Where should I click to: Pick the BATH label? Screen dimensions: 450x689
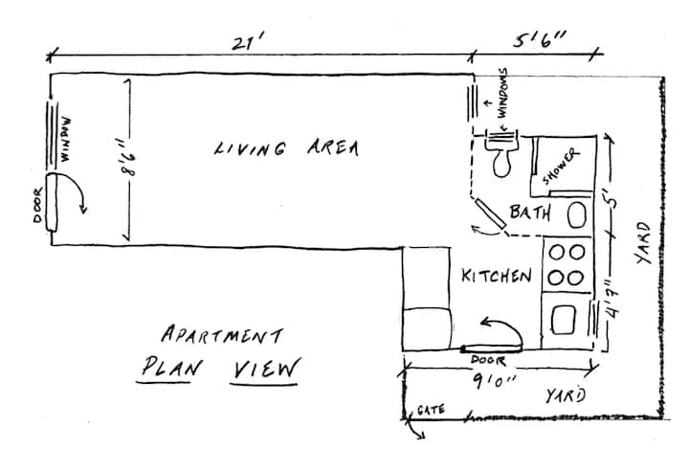pos(530,212)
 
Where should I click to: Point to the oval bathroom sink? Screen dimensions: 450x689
pos(577,214)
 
